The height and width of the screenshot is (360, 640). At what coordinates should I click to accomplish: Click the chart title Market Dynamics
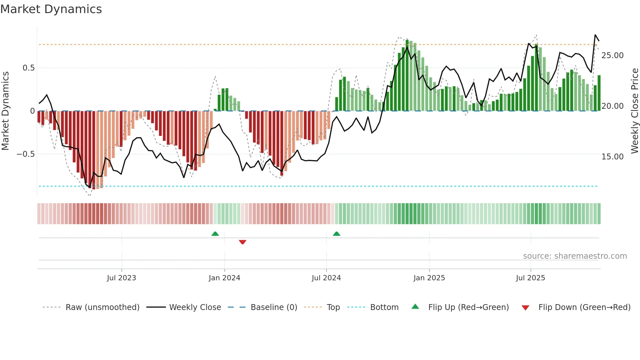[51, 9]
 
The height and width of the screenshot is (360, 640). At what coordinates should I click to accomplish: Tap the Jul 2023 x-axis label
[121, 278]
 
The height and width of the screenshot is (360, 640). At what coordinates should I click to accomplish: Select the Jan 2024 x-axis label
[224, 278]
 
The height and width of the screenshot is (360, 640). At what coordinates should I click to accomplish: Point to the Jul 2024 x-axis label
[326, 278]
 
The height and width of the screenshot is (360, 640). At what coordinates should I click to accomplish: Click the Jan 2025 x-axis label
[429, 278]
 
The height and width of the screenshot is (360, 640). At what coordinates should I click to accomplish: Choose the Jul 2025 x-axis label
[530, 278]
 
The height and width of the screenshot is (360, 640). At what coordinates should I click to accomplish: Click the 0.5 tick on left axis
[28, 68]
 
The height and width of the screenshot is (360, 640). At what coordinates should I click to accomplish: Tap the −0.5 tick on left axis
[25, 154]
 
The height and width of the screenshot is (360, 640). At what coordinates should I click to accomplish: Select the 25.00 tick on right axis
[612, 56]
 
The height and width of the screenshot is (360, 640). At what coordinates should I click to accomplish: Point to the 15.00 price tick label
[612, 157]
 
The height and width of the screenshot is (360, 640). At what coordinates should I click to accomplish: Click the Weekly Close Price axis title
[634, 111]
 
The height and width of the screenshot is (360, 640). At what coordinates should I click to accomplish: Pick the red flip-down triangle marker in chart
[242, 242]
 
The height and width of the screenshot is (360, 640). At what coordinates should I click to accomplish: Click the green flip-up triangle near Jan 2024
[215, 234]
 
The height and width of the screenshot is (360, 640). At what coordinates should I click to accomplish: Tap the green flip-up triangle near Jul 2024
[336, 234]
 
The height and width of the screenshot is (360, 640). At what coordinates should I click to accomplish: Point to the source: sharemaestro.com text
[575, 256]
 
